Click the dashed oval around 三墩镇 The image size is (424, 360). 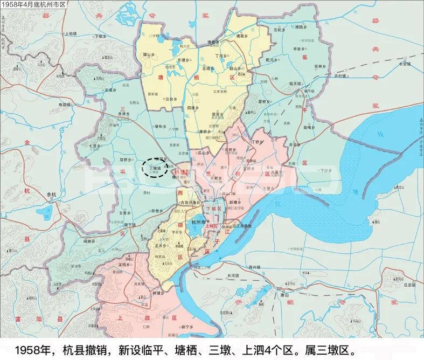tap(155, 167)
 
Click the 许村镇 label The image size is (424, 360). tap(342, 76)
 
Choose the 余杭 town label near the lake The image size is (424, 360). tap(52, 194)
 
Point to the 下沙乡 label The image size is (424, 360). tap(324, 170)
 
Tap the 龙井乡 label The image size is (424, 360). tap(159, 244)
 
